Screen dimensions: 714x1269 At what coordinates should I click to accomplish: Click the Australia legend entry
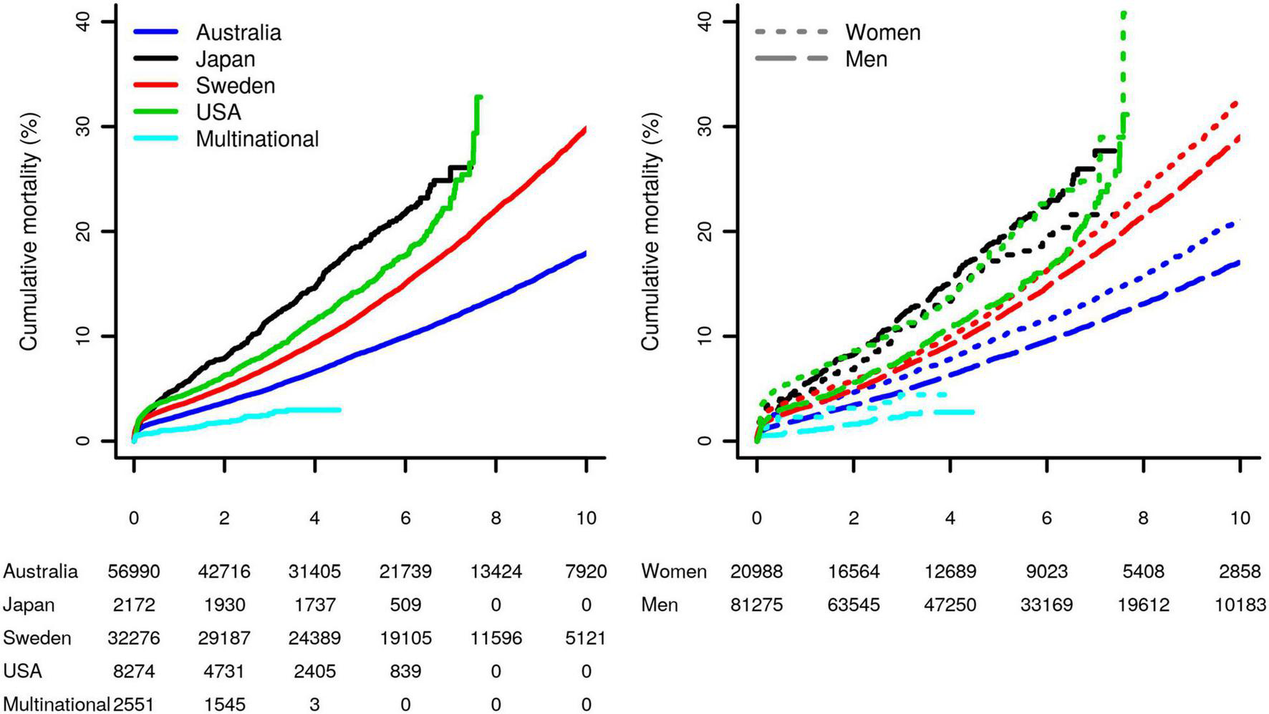click(238, 33)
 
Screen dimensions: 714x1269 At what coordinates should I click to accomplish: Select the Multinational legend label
click(257, 139)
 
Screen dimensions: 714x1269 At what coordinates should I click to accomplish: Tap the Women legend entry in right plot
click(882, 33)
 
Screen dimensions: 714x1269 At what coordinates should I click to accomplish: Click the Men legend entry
click(866, 59)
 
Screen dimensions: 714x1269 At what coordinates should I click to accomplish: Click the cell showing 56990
click(134, 572)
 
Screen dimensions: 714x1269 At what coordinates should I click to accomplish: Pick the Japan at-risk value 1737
click(315, 605)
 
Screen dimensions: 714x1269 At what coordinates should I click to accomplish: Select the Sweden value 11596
click(496, 638)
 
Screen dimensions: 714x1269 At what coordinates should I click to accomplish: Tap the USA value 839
click(405, 672)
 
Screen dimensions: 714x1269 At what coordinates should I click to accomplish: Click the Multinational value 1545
click(225, 705)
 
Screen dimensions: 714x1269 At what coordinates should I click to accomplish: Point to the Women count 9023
click(1047, 572)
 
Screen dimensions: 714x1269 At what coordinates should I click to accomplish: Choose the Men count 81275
click(757, 605)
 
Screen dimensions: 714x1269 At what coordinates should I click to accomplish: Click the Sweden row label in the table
click(37, 638)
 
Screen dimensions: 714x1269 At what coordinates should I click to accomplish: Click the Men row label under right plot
click(660, 605)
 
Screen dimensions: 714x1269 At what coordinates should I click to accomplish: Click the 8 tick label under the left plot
click(496, 518)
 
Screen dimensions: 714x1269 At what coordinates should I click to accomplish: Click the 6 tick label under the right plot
click(1047, 518)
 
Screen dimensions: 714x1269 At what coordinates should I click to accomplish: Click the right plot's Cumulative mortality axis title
click(650, 230)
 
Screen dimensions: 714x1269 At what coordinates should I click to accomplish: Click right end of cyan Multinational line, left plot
click(339, 410)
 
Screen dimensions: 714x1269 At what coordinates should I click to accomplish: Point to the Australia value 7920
click(586, 572)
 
